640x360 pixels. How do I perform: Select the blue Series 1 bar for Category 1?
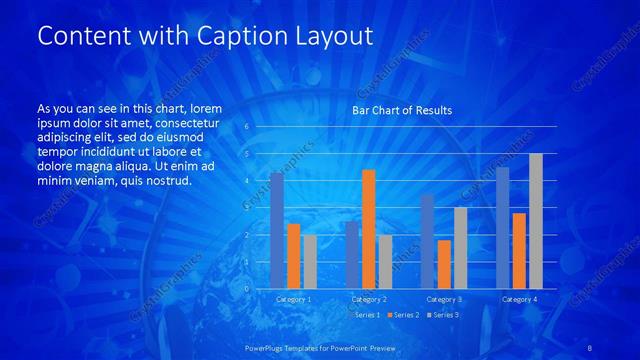pos(277,231)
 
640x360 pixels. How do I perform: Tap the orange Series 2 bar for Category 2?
pos(368,229)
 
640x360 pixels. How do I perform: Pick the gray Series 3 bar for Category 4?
pos(535,221)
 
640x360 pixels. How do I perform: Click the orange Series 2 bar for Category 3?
pos(443,264)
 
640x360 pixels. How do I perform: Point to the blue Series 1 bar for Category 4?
pos(502,228)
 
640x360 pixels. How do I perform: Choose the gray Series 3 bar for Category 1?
pos(310,262)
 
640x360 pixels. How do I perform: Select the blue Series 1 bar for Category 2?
pos(352,255)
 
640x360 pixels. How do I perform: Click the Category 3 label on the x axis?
pos(443,299)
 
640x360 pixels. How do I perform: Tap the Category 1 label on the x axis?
pos(293,299)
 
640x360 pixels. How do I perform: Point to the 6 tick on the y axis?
pos(247,127)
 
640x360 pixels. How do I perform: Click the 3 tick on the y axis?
pos(247,208)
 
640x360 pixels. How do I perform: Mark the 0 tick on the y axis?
pos(247,289)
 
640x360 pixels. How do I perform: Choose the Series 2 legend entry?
pos(403,315)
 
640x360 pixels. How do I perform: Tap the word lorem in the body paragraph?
pos(204,108)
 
